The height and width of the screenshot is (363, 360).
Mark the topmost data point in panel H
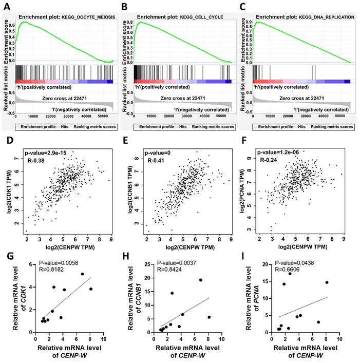pyautogui.click(x=201, y=280)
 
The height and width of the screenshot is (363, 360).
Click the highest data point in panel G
pyautogui.click(x=82, y=274)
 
